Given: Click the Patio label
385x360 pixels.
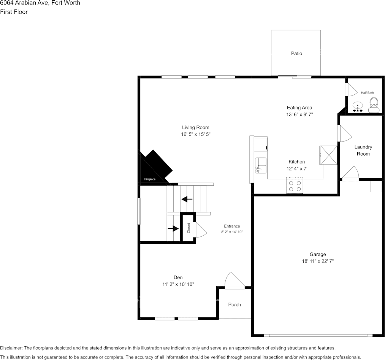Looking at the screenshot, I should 296,54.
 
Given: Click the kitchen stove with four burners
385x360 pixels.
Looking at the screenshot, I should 295,185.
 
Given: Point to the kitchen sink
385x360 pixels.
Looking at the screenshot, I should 261,165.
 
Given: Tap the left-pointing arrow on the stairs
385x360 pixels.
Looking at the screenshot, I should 187,199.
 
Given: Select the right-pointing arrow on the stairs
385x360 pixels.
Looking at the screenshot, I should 173,228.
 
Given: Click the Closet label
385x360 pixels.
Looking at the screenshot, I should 189,228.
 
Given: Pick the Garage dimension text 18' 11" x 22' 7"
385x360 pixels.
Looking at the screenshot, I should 317,261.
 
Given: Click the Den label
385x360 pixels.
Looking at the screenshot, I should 178,277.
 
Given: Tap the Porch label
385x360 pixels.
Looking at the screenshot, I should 234,305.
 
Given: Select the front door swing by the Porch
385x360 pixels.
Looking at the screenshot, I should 234,280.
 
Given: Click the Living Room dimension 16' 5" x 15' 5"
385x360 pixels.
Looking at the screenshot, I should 195,134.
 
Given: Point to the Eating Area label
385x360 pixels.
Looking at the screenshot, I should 299,108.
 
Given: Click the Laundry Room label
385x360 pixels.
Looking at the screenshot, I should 363,150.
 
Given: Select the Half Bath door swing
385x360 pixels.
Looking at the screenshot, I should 350,89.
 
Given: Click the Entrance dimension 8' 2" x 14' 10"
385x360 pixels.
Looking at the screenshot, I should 232,232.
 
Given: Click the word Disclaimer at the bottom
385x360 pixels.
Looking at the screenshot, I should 11,348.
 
